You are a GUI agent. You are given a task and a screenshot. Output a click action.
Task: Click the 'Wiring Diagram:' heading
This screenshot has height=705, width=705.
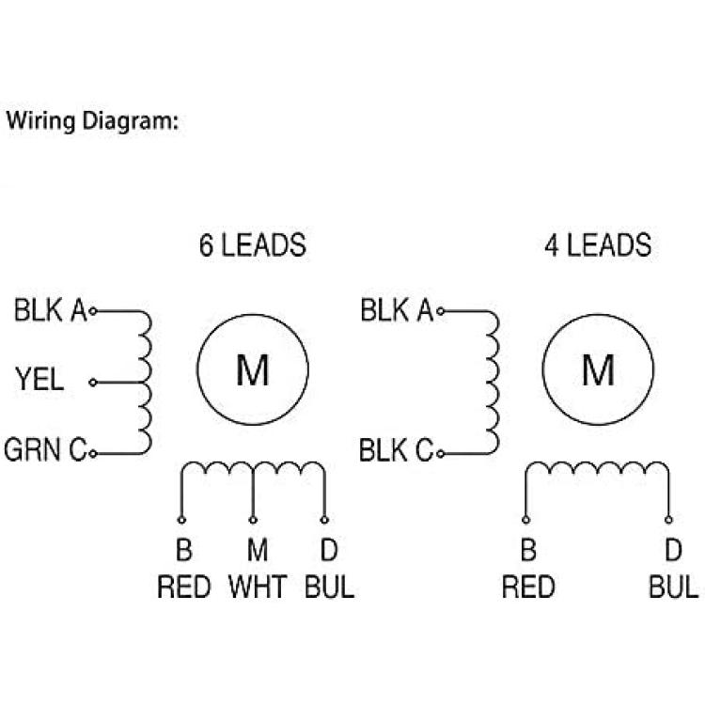pyautogui.click(x=92, y=121)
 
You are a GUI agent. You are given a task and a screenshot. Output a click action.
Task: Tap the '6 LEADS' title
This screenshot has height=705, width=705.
pyautogui.click(x=252, y=245)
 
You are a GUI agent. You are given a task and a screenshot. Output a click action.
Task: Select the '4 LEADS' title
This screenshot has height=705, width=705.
pyautogui.click(x=598, y=245)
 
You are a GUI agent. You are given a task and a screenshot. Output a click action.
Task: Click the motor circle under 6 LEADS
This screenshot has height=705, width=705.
pyautogui.click(x=253, y=370)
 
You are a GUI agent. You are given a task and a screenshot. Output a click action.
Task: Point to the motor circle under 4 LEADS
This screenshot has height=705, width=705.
pyautogui.click(x=599, y=370)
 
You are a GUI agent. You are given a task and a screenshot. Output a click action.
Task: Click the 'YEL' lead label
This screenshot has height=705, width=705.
pyautogui.click(x=39, y=381)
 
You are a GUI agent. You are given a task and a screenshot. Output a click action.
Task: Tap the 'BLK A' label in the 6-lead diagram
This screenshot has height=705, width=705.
pyautogui.click(x=50, y=310)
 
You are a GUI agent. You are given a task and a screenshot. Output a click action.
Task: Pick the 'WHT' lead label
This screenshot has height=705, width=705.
pyautogui.click(x=258, y=587)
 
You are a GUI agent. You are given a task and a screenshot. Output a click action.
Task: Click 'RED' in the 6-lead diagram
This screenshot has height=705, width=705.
pyautogui.click(x=184, y=587)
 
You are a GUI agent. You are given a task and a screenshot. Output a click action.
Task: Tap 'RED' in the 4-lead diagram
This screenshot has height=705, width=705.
pyautogui.click(x=528, y=587)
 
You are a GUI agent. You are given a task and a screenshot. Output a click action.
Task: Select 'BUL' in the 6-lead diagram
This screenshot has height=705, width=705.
pyautogui.click(x=329, y=587)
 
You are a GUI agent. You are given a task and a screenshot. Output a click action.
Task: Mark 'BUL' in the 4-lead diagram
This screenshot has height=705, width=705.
pyautogui.click(x=673, y=587)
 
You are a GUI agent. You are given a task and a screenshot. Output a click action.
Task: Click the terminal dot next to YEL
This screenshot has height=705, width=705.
pyautogui.click(x=92, y=383)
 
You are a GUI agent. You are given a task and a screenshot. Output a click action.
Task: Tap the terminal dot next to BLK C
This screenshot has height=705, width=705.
pyautogui.click(x=440, y=453)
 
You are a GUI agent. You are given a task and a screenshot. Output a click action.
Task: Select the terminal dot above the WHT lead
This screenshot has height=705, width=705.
pyautogui.click(x=253, y=519)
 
